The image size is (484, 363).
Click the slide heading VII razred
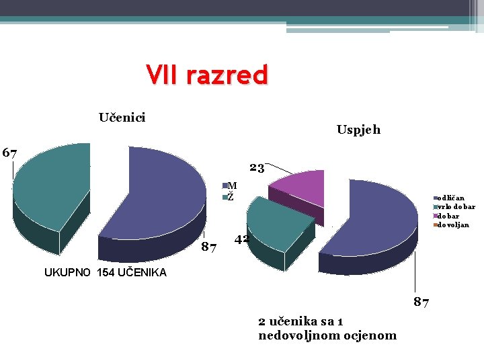(207, 75)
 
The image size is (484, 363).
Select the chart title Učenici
(122, 118)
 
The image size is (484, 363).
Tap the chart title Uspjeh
(358, 130)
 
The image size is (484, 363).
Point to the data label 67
(9, 153)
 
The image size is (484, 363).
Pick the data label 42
(241, 240)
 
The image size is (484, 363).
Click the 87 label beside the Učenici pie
(209, 249)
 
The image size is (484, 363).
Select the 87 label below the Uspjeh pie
(421, 302)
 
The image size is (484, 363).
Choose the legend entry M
(232, 186)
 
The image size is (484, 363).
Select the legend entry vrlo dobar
(456, 207)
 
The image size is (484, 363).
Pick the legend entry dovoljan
(453, 225)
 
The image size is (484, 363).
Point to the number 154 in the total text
(105, 272)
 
